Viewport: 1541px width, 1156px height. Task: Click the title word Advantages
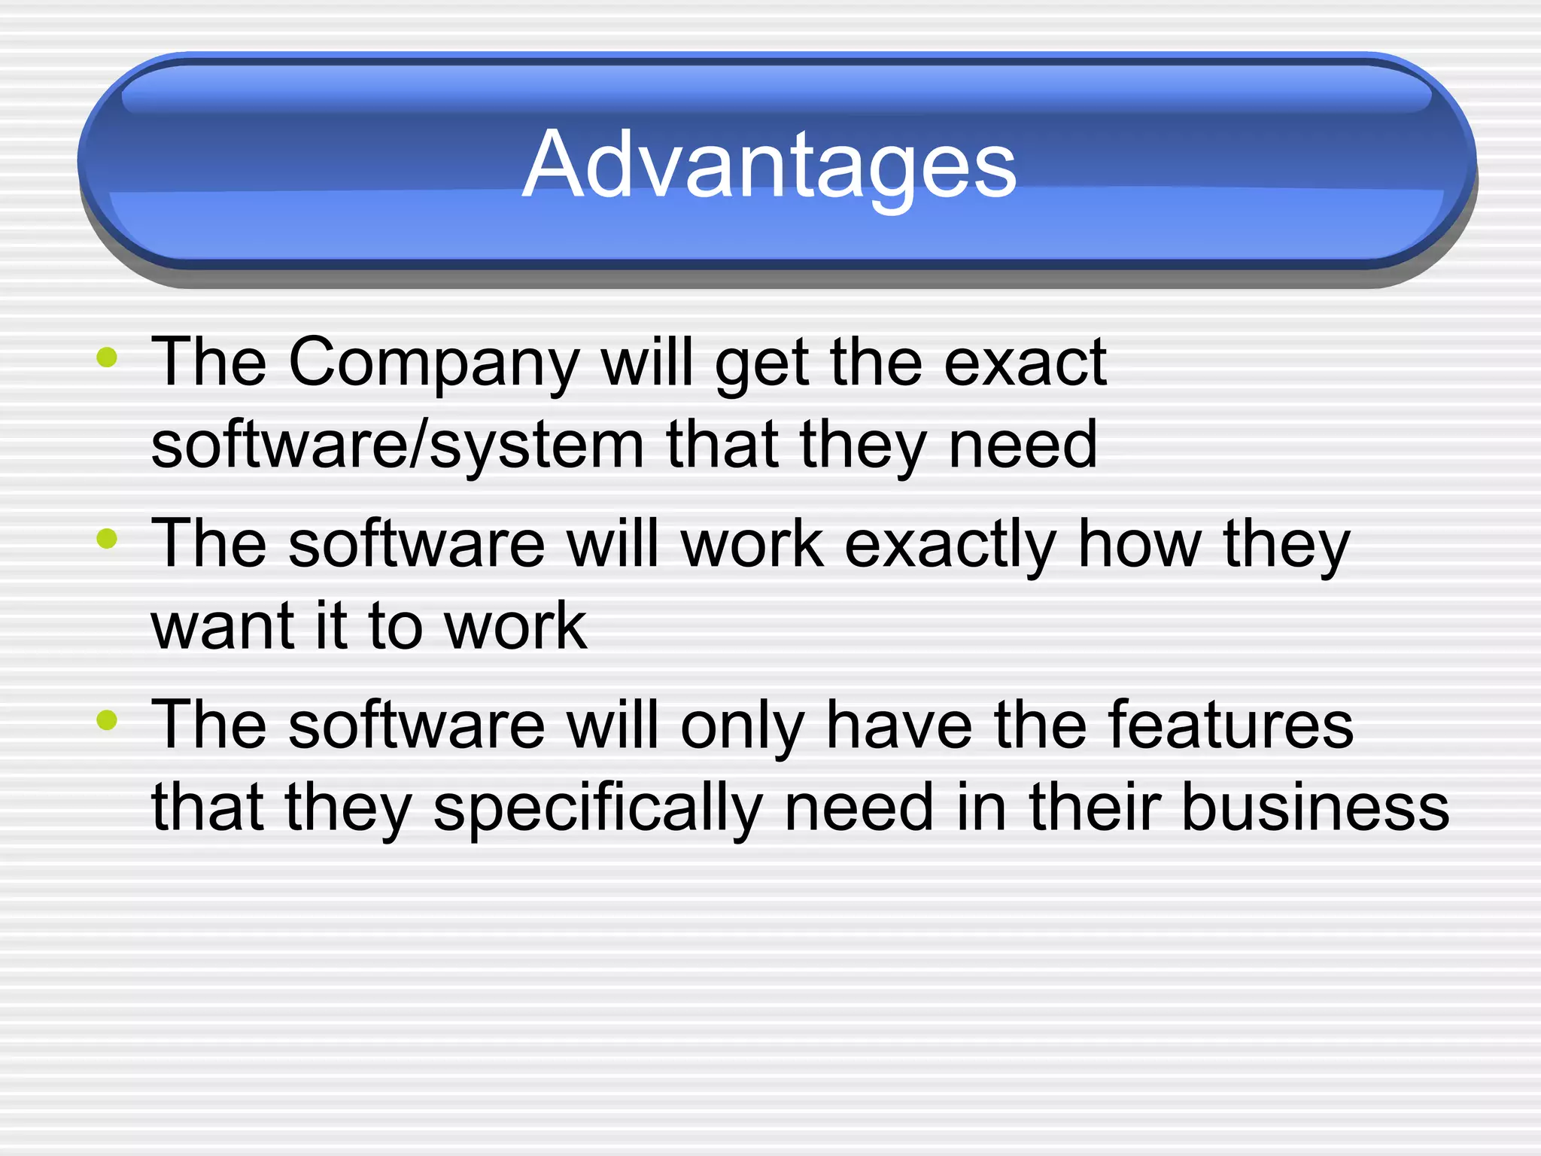click(769, 165)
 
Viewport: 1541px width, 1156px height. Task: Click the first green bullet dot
click(107, 357)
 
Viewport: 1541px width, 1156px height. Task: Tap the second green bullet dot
click(107, 538)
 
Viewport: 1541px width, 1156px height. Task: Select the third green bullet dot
click(107, 719)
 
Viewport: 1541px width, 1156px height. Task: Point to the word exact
click(1025, 363)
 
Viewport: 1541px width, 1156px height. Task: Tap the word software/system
click(397, 445)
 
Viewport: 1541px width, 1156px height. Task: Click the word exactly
click(950, 545)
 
